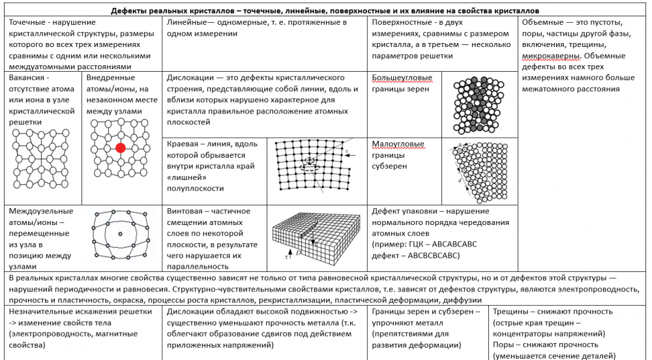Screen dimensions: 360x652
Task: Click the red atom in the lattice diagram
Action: tap(121, 148)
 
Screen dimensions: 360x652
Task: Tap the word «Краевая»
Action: tap(186, 143)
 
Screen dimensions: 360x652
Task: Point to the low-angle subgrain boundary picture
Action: tap(480, 172)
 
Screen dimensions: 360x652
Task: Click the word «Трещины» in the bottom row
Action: tap(512, 311)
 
